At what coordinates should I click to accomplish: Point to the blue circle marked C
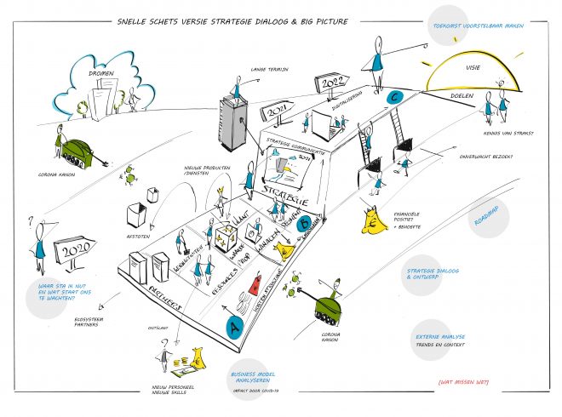coord(393,97)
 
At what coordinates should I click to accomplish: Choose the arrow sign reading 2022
coord(333,83)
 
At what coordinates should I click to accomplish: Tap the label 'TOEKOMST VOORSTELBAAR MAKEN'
coord(465,26)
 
